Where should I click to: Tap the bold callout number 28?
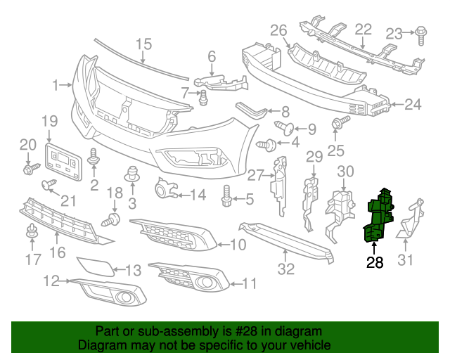375,264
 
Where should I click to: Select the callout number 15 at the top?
143,44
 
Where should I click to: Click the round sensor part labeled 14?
165,188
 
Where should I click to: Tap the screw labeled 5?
228,198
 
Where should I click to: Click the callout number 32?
285,268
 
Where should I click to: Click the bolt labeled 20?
32,169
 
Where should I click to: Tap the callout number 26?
279,30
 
